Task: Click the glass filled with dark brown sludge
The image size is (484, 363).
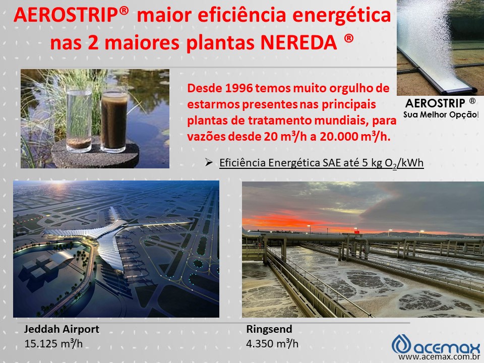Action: tap(114, 119)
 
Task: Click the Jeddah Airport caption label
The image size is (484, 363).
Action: tap(62, 330)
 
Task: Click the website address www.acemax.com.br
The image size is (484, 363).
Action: tap(438, 357)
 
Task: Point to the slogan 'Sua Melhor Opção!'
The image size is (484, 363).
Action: tap(441, 114)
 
